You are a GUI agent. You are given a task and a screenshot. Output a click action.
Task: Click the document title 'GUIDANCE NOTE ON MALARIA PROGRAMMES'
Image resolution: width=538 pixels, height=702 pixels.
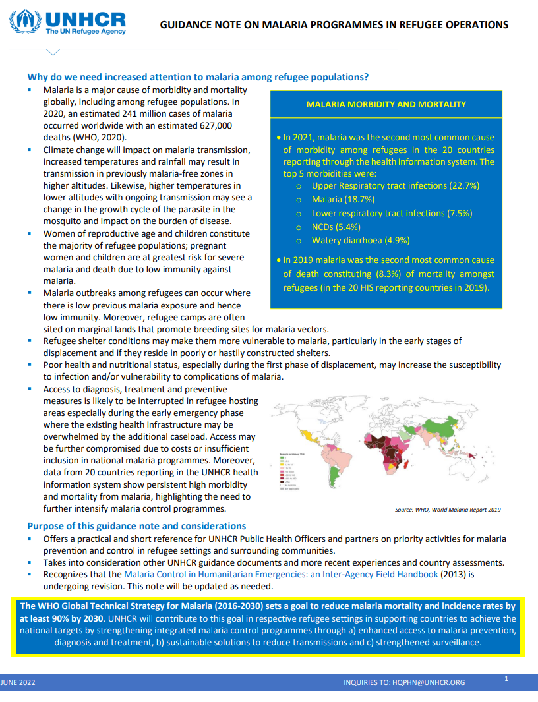coord(334,25)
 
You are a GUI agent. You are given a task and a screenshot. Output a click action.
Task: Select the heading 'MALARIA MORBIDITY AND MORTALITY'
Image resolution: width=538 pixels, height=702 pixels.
coord(386,104)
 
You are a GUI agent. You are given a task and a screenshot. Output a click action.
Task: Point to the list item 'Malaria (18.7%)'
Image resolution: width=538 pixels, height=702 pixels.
coord(343,199)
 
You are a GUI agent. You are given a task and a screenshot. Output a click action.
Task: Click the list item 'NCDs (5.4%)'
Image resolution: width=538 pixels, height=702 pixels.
coord(337,227)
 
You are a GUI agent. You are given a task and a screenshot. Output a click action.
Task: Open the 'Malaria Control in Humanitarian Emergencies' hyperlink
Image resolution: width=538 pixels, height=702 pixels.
coord(282,574)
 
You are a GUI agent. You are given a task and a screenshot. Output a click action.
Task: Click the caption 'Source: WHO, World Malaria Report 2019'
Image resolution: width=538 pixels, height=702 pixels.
coord(448,510)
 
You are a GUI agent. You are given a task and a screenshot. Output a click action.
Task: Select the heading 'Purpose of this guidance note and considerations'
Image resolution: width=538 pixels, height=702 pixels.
coord(136,526)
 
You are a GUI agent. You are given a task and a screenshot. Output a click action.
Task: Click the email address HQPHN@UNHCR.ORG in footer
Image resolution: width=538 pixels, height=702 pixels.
coord(431,682)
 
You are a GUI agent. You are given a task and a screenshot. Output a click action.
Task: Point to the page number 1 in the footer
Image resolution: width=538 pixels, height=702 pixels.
coord(506,678)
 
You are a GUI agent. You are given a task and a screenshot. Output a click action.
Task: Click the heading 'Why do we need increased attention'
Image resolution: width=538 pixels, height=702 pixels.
coord(198,77)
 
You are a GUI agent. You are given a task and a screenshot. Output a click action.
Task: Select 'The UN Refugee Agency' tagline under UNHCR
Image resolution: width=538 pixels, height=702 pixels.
coord(86,31)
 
